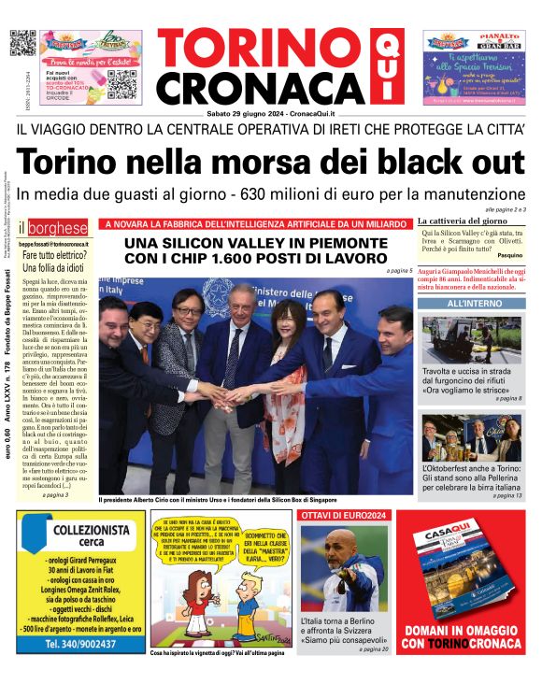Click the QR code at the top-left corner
coord(22,43)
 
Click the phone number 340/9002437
coord(81,644)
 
